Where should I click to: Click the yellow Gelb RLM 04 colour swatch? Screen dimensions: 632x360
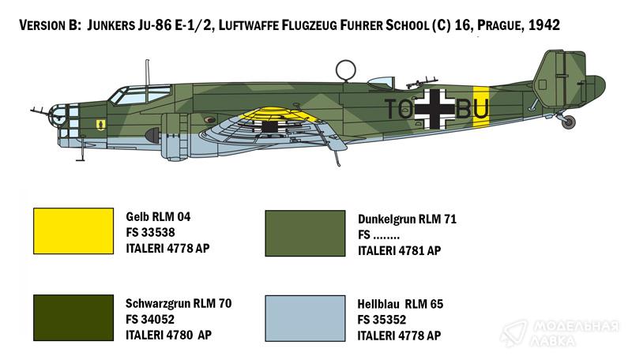coord(73,231)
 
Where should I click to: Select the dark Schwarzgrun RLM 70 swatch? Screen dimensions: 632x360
coord(73,317)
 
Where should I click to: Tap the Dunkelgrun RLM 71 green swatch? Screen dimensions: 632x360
coord(305,233)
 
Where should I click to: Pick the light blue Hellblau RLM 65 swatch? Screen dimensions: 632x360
coord(305,318)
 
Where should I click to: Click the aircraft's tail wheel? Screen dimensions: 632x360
coord(569,122)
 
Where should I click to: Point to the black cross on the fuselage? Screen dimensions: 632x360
coord(434,109)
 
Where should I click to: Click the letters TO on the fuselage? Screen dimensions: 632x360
coord(399,109)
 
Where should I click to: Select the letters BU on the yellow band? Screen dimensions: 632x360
coord(472,109)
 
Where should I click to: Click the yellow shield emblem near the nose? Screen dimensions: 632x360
coord(101,124)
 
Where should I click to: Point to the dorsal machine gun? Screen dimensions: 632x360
coord(421,83)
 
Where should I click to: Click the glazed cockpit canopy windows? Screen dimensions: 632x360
coord(141,96)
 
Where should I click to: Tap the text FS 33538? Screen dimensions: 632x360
coord(150,232)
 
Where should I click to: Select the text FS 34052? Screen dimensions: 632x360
coord(150,319)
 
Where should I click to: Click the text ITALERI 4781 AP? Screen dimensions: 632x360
coord(400,250)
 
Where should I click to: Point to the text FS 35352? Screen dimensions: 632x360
coord(382,320)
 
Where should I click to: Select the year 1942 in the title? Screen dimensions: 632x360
coord(544,25)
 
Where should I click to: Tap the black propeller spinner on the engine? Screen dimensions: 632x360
coord(152,136)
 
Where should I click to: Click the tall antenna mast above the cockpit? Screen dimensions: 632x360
coord(148,73)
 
